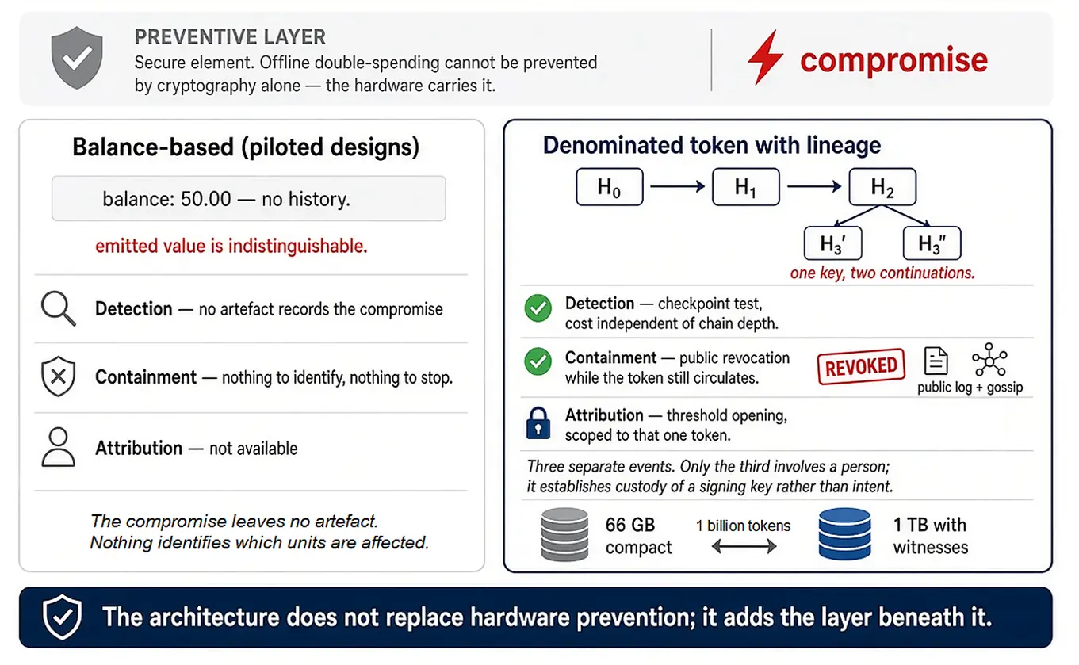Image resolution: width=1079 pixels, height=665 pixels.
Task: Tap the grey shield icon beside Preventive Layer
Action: pos(77,58)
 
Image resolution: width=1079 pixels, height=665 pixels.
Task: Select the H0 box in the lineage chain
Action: pos(610,187)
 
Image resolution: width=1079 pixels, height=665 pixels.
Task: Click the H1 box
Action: pos(746,187)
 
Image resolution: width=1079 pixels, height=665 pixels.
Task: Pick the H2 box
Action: pos(882,187)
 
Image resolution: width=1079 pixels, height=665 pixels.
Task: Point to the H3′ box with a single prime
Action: pos(833,243)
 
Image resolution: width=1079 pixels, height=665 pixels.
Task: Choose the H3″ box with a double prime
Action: pos(932,243)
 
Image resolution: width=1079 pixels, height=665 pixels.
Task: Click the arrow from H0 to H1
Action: pos(678,186)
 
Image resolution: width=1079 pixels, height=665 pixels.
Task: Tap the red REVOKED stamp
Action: pos(861,366)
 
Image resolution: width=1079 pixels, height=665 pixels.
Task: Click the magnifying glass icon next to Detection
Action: pos(59,308)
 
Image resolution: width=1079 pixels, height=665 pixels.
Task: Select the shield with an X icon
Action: pos(59,376)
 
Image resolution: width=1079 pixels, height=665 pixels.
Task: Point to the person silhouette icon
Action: pos(59,447)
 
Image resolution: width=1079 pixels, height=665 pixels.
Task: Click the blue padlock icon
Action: pos(538,423)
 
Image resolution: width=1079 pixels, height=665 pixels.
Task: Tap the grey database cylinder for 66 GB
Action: pos(564,534)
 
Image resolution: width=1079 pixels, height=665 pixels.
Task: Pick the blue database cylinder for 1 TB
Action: pos(844,534)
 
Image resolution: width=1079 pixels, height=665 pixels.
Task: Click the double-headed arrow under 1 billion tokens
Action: pos(744,546)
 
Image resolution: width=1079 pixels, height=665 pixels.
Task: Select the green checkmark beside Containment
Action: pos(538,361)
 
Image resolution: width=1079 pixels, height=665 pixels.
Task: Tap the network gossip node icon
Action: pos(989,359)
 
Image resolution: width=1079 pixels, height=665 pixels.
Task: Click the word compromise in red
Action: pos(894,59)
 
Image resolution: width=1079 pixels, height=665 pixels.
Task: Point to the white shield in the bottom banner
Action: pos(62,617)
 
